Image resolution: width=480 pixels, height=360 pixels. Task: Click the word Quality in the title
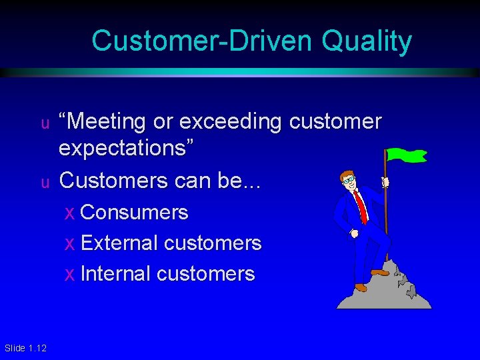(367, 41)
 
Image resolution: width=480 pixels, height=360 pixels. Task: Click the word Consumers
(134, 213)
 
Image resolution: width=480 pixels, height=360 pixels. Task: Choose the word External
(119, 243)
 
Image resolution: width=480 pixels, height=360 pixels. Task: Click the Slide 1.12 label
(25, 348)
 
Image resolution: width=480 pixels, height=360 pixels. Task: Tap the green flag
(406, 155)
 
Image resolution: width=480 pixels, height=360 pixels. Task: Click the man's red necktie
(360, 207)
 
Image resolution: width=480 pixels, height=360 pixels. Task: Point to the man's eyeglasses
(349, 179)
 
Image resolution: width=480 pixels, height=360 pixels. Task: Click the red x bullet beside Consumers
(70, 213)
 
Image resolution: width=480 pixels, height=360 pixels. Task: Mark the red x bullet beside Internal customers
(70, 275)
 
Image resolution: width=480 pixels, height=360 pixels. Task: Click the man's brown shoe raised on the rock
(379, 272)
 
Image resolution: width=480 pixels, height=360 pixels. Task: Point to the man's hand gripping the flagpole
(384, 182)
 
